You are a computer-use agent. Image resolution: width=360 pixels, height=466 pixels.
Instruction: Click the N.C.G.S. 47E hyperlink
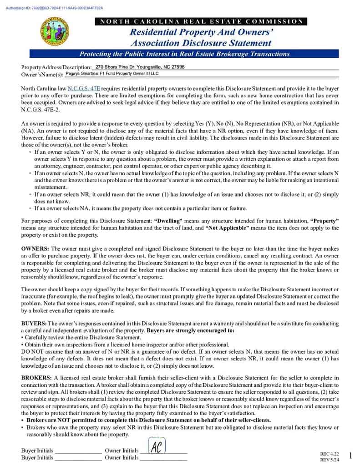click(84, 88)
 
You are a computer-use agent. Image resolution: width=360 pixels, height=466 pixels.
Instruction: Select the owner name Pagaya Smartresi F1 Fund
click(112, 73)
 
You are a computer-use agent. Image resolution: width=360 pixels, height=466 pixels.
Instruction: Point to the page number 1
click(350, 455)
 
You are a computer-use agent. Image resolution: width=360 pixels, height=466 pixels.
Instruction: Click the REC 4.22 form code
click(330, 454)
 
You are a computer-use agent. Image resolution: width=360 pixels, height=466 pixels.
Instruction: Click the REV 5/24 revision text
click(330, 460)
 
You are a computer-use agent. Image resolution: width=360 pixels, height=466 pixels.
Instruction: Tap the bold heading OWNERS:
click(35, 249)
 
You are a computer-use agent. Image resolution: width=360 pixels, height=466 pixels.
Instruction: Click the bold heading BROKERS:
click(36, 378)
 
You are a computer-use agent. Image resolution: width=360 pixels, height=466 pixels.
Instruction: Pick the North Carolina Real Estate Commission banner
click(200, 21)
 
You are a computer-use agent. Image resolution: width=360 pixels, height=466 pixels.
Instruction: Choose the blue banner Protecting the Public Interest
click(184, 54)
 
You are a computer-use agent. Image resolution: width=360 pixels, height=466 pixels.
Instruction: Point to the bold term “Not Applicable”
click(227, 228)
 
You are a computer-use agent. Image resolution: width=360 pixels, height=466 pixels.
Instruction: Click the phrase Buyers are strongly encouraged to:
click(190, 330)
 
